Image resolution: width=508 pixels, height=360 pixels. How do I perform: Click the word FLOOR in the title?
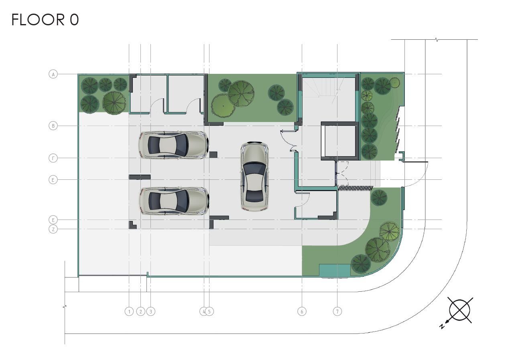tap(38, 20)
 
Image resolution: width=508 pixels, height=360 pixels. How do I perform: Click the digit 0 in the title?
tap(74, 20)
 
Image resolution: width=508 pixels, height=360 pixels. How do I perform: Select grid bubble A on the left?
tap(53, 74)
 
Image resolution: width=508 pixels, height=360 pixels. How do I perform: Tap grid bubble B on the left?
tap(53, 126)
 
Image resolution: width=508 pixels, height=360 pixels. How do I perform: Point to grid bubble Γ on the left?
tap(53, 158)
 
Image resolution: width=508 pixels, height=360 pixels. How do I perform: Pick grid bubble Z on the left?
tap(53, 229)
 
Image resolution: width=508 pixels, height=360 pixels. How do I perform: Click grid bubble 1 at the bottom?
tap(129, 311)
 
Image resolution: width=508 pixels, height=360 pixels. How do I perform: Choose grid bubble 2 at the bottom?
tap(140, 311)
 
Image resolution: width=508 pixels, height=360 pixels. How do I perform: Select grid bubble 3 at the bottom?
tap(151, 311)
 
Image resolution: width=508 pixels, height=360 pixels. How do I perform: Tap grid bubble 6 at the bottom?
tap(302, 311)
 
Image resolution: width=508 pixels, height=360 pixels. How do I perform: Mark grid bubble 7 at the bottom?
tap(337, 311)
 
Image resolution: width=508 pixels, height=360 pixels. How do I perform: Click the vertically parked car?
tap(254, 176)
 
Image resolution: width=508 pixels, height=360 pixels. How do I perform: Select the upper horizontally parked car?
tap(173, 145)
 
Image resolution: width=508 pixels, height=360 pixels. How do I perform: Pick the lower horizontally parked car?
tap(174, 201)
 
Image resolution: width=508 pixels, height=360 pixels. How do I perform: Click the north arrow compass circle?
tap(460, 311)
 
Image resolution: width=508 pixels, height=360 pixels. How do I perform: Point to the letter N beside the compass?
tap(442, 327)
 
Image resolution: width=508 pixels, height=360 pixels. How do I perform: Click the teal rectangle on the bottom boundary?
tap(335, 271)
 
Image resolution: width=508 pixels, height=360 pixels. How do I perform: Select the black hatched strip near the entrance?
tap(356, 188)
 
